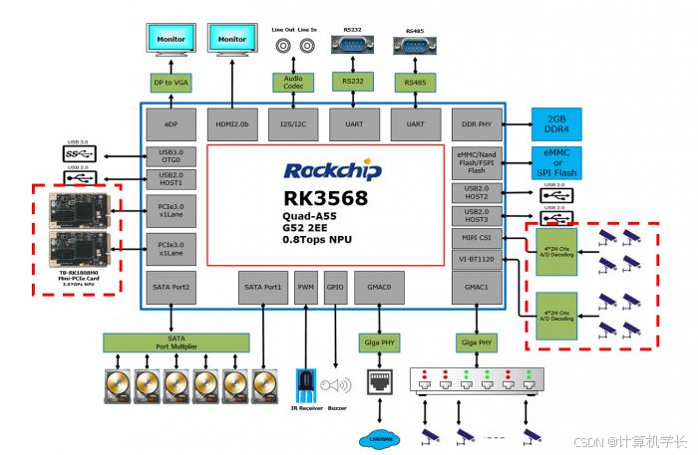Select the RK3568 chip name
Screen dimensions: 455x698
[x=324, y=198]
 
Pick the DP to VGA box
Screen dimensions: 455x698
[x=171, y=82]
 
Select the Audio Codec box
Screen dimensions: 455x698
[x=292, y=82]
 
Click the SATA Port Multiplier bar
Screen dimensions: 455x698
[x=175, y=341]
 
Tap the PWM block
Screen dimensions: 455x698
[x=306, y=287]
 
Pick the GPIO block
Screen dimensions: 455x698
[x=335, y=287]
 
